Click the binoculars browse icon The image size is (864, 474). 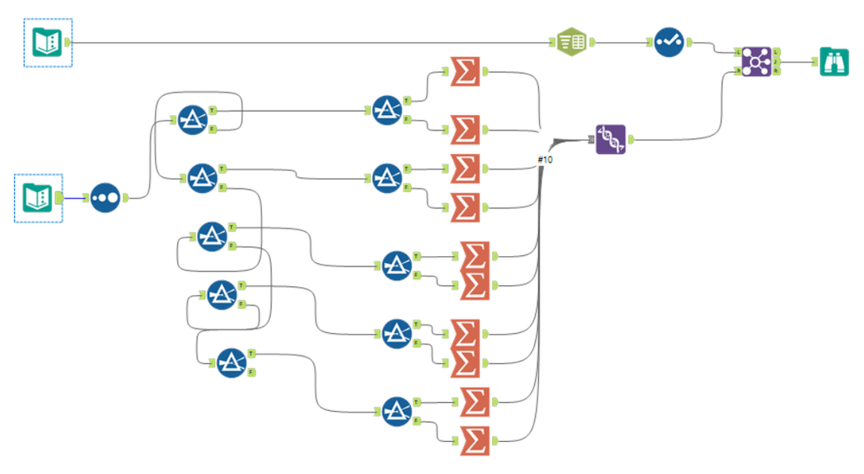point(834,62)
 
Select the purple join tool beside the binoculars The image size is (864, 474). point(757,62)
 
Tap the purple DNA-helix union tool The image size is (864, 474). point(611,139)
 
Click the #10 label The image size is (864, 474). point(545,160)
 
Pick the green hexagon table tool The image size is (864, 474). point(570,41)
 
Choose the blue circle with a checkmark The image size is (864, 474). point(669,42)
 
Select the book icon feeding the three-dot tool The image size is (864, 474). point(39,197)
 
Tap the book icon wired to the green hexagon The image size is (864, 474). point(48,42)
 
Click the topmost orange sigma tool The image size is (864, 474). point(466,72)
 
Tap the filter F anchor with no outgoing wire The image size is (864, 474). point(251,373)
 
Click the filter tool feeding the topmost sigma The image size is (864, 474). point(387,112)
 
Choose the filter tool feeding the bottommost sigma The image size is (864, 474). point(396,411)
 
